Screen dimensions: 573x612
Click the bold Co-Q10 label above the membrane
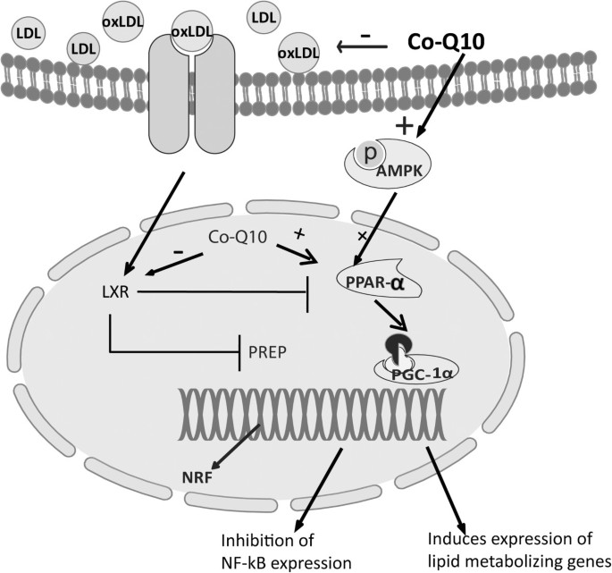coord(445,41)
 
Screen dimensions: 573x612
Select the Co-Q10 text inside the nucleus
coord(234,239)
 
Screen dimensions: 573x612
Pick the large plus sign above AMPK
coord(406,126)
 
